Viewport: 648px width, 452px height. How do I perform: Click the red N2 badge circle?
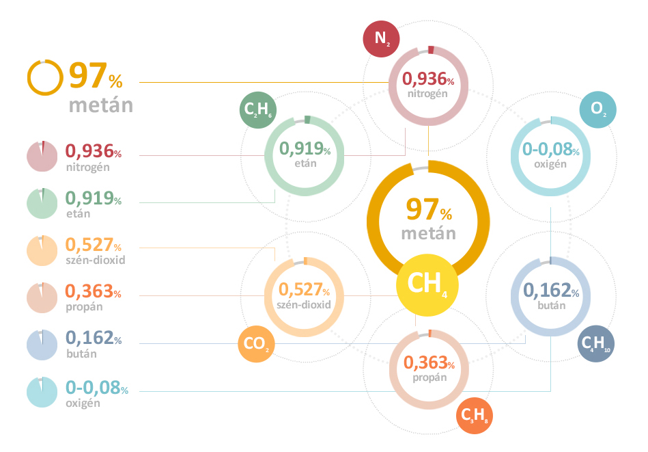click(x=381, y=40)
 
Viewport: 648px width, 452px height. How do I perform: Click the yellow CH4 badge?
click(x=427, y=284)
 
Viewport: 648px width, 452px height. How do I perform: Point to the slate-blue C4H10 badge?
click(x=597, y=344)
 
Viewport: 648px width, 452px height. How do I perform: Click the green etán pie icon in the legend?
click(x=42, y=203)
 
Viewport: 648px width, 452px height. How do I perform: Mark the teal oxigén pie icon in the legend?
click(x=42, y=392)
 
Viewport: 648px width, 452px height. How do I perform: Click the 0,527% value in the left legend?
click(x=93, y=245)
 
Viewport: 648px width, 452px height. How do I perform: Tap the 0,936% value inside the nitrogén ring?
click(x=428, y=79)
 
